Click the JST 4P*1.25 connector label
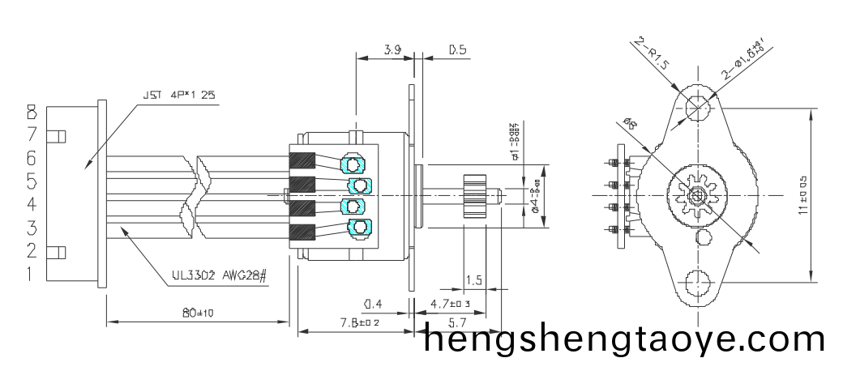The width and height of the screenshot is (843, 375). click(x=179, y=95)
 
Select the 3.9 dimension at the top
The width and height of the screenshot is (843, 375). click(x=392, y=50)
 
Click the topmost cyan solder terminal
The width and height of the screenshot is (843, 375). click(x=354, y=164)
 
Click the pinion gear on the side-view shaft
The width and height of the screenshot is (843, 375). click(x=473, y=195)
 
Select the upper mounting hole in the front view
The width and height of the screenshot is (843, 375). click(x=695, y=106)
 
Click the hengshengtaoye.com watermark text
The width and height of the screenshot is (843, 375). click(x=625, y=339)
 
